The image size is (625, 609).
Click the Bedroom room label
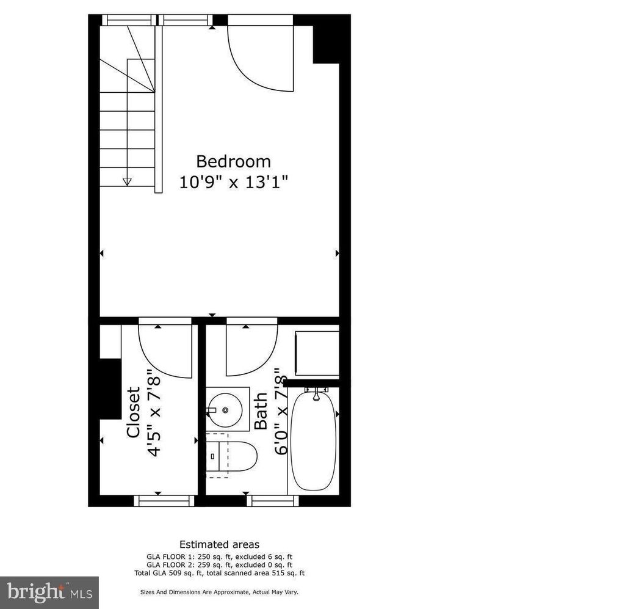click(233, 161)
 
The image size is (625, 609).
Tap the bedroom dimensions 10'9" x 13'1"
click(233, 182)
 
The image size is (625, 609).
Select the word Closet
click(134, 412)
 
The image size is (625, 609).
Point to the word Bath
click(261, 411)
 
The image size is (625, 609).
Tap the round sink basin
click(225, 410)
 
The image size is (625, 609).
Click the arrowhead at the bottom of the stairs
click(127, 182)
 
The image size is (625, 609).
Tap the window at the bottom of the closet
click(164, 500)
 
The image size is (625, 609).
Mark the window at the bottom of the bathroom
click(273, 500)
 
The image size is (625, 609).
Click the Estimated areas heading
click(219, 544)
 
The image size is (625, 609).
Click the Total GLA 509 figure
click(169, 573)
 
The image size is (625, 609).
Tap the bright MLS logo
click(49, 593)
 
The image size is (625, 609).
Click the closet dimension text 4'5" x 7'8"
click(154, 411)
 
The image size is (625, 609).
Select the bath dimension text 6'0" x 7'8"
click(281, 411)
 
